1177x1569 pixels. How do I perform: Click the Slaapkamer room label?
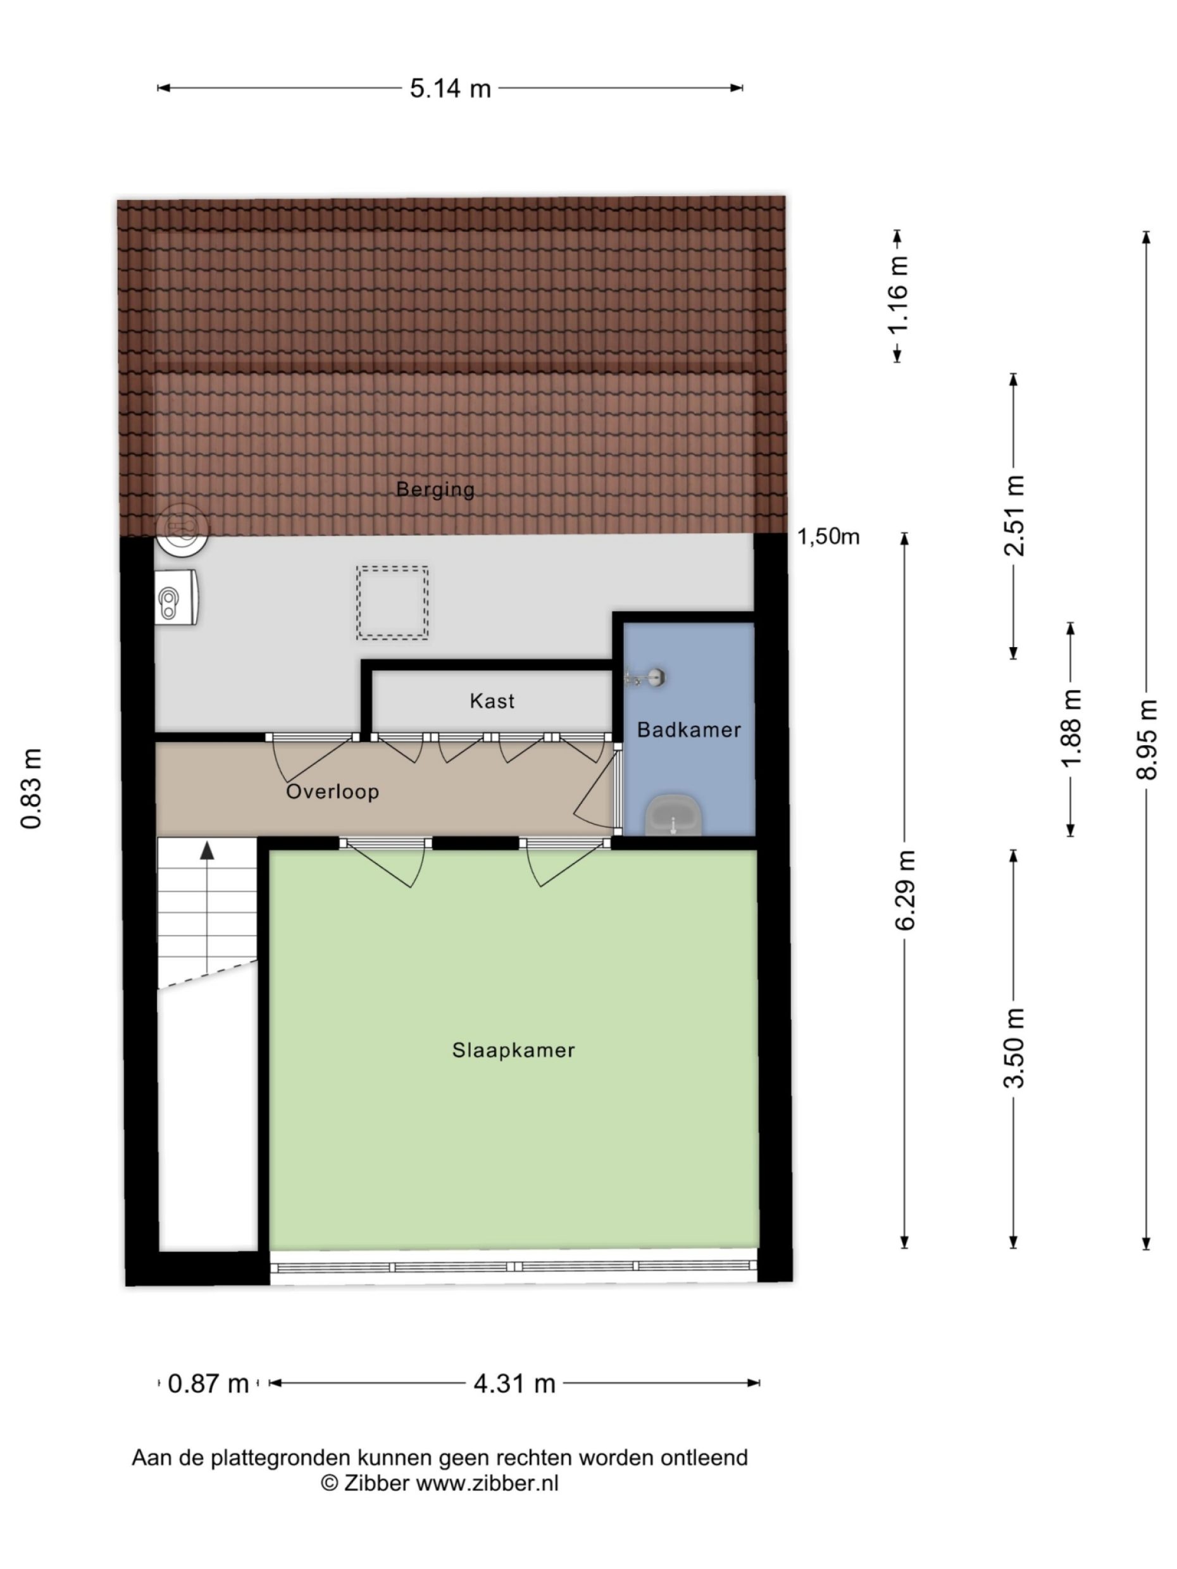click(x=513, y=1050)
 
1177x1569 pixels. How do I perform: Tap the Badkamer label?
click(x=688, y=729)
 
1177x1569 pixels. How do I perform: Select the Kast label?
click(x=492, y=701)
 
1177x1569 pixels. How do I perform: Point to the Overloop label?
click(x=332, y=791)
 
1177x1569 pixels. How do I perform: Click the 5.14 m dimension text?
click(x=450, y=89)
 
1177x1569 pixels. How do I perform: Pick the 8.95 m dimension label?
click(x=1146, y=739)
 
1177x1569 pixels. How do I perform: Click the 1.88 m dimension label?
click(x=1071, y=728)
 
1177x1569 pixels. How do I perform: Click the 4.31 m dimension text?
click(x=514, y=1382)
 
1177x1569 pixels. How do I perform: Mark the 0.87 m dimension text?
click(x=208, y=1382)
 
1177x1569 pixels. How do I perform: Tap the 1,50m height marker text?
click(x=828, y=536)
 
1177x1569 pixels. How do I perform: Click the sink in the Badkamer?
click(x=673, y=816)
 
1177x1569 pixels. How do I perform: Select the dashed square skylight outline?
click(x=392, y=602)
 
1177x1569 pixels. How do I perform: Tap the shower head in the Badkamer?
click(x=656, y=678)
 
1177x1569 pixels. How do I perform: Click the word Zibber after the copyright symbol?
click(x=376, y=1483)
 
